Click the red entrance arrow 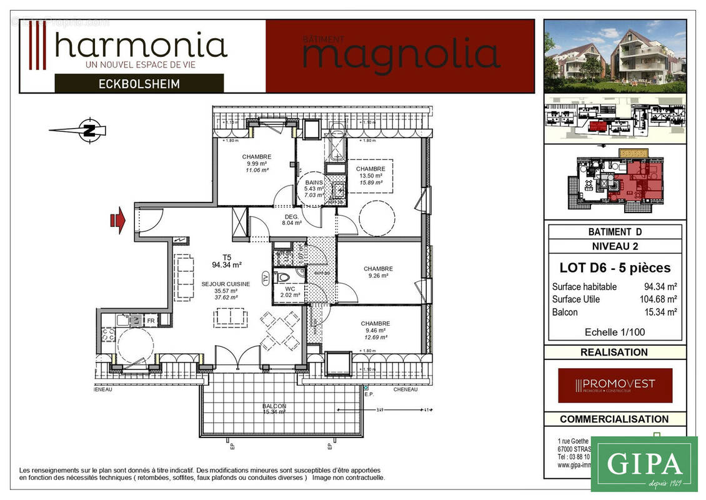117,221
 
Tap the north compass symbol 89,130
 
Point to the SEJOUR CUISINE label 226,284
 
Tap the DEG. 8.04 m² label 291,218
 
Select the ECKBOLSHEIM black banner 139,83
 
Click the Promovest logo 615,385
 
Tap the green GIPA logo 644,464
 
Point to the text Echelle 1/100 614,332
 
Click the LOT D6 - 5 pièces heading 614,268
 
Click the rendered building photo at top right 615,56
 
